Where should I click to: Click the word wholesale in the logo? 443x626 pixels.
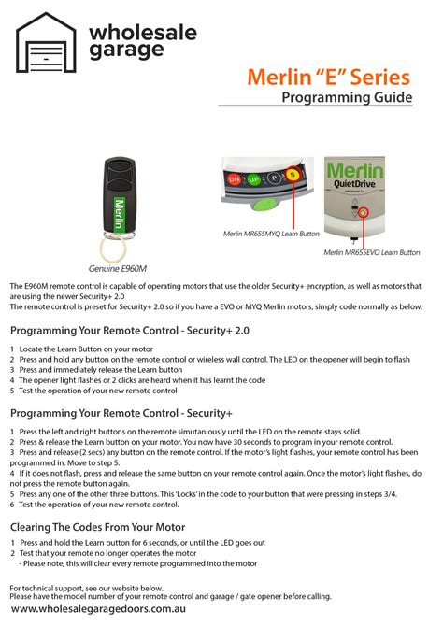pos(142,33)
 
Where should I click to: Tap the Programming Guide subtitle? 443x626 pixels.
pos(347,99)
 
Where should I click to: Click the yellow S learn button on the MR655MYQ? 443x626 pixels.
pos(291,175)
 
